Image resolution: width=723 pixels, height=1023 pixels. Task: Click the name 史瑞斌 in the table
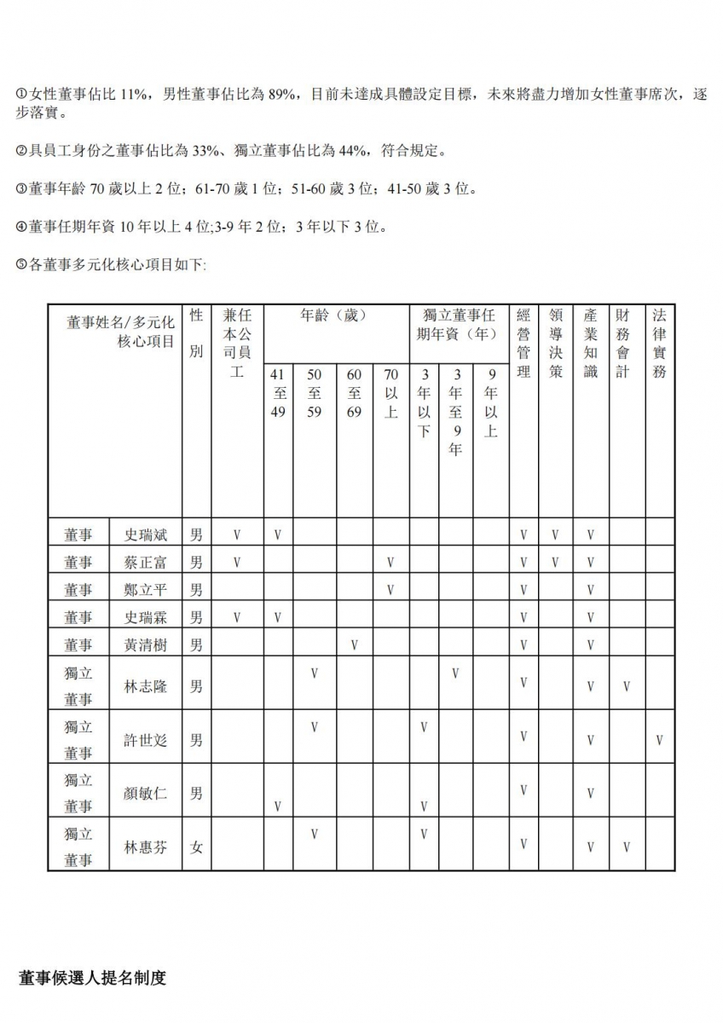coord(146,535)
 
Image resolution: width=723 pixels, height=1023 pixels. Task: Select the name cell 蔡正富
coord(146,563)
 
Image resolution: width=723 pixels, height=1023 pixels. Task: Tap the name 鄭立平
coord(146,590)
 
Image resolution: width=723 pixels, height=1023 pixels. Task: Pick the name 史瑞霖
coord(146,617)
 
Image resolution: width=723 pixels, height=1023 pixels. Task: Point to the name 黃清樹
coord(146,645)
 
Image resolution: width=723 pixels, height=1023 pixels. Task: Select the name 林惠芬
coord(146,848)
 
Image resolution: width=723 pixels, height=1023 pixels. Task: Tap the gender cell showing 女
coord(197,848)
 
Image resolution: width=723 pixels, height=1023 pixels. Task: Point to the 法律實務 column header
coord(659,343)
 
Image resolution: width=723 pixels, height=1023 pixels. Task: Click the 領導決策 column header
coord(556,343)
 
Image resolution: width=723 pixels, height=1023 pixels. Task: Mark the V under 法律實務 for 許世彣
coord(659,740)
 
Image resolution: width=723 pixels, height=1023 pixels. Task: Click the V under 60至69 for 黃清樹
coord(354,645)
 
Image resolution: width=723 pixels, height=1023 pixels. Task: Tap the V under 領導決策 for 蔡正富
coord(556,563)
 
